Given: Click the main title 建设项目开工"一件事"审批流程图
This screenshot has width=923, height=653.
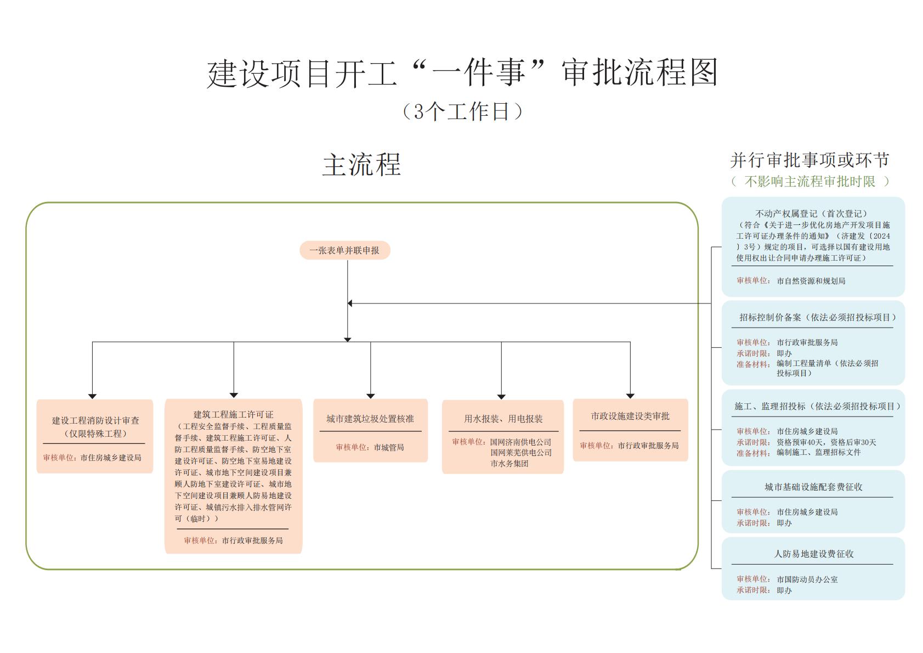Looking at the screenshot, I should pos(462,73).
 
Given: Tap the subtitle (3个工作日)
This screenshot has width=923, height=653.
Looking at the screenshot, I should pos(462,111).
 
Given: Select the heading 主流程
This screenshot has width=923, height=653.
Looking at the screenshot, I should pos(361,165).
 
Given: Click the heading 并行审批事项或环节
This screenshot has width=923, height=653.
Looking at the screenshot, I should pos(809,160).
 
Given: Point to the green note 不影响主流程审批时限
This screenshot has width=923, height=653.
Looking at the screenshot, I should pos(809,181).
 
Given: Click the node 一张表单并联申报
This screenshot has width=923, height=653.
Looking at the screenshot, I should pos(344,250).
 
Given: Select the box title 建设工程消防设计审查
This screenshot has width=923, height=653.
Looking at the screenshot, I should pos(95,420).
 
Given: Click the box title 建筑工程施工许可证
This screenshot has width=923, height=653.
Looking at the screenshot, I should pos(233,414).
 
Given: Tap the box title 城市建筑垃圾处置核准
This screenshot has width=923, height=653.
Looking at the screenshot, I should pos(370,419).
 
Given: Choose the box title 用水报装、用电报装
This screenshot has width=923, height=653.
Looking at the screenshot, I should pos(503,419).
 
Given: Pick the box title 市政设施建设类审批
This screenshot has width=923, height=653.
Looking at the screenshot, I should pos(630,416).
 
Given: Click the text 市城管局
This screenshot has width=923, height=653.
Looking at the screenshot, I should pos(389,447).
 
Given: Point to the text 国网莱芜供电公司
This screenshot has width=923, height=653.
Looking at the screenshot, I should pos(521,453).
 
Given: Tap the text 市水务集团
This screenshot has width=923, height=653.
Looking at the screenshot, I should pos(509,464).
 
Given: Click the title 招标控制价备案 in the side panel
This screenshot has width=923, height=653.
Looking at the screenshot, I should pos(770,317).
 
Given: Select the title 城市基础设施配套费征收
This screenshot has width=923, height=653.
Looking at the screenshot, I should pos(813,487).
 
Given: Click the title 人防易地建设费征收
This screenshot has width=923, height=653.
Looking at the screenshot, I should pos(813,554).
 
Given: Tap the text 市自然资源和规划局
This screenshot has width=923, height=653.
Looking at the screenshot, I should pos(811,281).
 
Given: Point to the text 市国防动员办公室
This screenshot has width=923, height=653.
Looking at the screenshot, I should pos(807,579).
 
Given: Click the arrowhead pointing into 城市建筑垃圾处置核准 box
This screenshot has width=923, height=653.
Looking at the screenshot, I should pos(371,396).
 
